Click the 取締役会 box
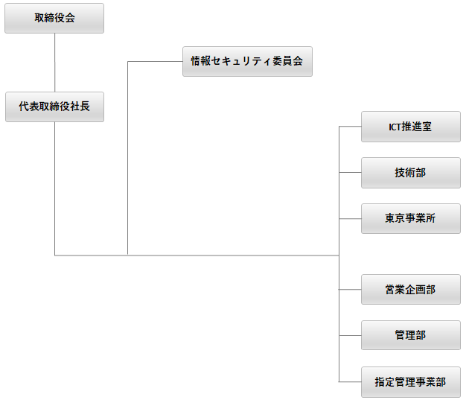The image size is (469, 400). click(x=54, y=19)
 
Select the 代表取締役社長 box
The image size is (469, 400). click(x=54, y=107)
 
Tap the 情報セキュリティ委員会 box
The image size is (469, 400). click(x=247, y=62)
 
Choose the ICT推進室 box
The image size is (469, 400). click(x=410, y=127)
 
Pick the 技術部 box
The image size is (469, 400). click(x=410, y=173)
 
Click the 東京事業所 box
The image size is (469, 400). click(x=410, y=219)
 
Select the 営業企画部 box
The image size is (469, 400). click(x=410, y=290)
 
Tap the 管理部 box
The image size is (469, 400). click(x=410, y=335)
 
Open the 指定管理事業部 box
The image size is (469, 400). click(x=410, y=382)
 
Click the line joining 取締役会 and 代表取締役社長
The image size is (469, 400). click(x=55, y=63)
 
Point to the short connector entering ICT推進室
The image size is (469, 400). click(x=350, y=127)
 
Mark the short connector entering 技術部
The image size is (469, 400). click(x=350, y=173)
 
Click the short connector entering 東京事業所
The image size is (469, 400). click(x=350, y=219)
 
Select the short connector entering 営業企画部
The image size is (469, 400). click(x=350, y=290)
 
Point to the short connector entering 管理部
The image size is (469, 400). click(x=350, y=336)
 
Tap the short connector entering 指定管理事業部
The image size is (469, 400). click(x=350, y=382)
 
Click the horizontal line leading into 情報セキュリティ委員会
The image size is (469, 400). click(x=155, y=62)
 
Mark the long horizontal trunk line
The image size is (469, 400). click(x=223, y=255)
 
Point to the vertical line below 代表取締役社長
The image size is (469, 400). click(x=55, y=186)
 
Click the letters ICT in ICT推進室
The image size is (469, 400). click(x=395, y=127)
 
